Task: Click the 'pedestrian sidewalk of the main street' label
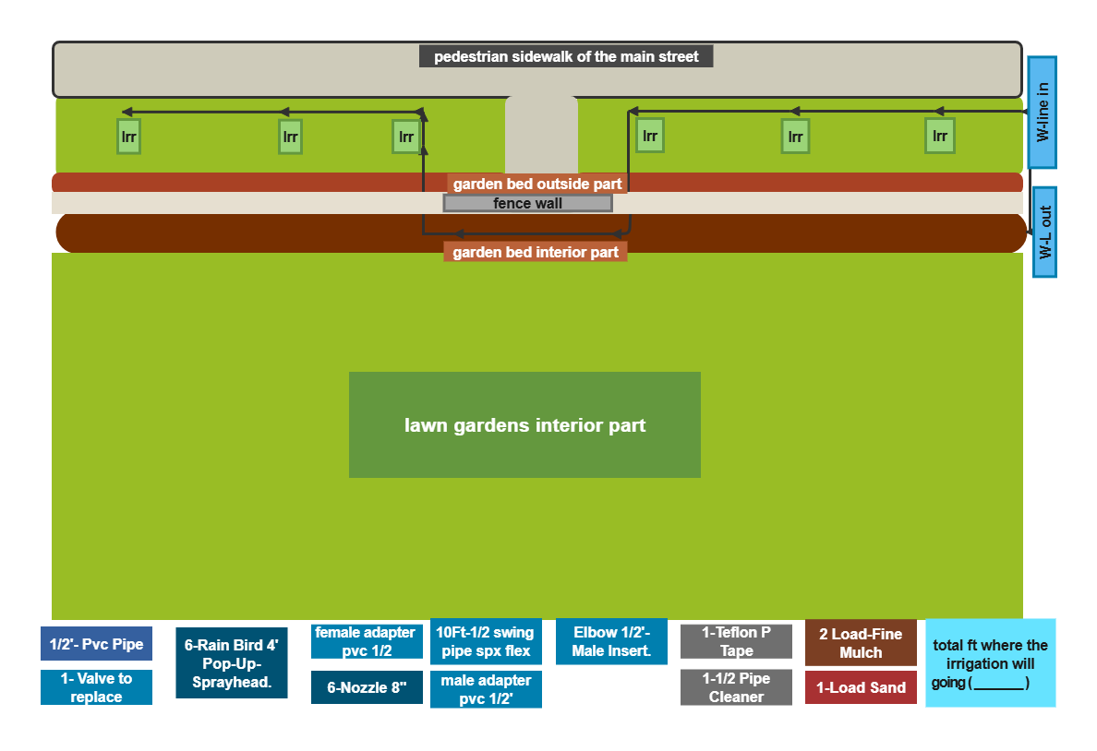click(566, 56)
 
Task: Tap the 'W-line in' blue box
click(1042, 112)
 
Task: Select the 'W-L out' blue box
click(1044, 232)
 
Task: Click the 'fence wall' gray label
click(527, 204)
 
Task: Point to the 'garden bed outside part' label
click(536, 184)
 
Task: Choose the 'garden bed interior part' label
click(536, 252)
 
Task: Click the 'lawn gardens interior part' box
click(524, 425)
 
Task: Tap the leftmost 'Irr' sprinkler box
click(128, 137)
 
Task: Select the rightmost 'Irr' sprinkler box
click(940, 136)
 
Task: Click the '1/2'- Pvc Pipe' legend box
click(97, 644)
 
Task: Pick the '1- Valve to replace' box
click(97, 687)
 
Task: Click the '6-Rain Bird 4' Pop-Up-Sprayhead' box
click(232, 663)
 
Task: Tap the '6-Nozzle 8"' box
click(367, 687)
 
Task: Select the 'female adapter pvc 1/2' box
click(367, 641)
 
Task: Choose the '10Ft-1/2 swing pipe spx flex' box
click(486, 641)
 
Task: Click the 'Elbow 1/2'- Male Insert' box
click(611, 641)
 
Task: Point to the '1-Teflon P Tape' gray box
click(736, 641)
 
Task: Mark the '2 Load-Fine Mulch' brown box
click(861, 643)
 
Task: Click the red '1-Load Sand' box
click(861, 687)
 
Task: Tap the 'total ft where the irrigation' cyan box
click(990, 663)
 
